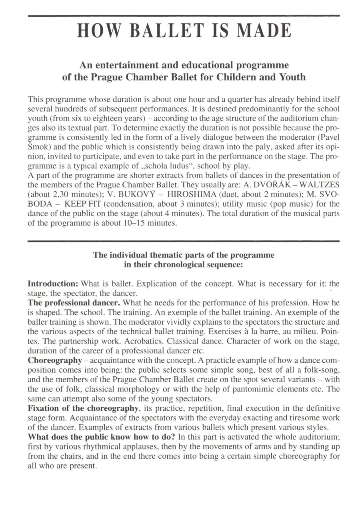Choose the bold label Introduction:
[53, 284]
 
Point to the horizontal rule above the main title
[184, 16]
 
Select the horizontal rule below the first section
[184, 241]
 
